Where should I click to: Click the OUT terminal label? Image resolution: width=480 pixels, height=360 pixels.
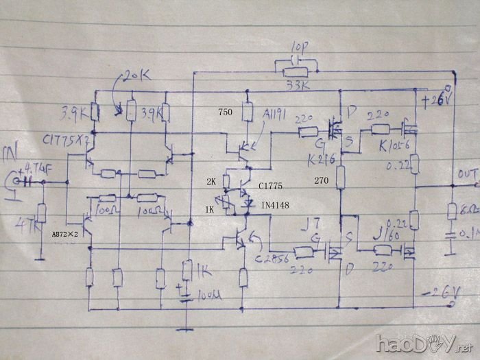pos(468,174)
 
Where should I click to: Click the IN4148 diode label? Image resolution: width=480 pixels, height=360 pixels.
pos(274,205)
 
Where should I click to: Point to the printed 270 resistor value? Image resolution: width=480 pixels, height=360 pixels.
pos(322,182)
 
